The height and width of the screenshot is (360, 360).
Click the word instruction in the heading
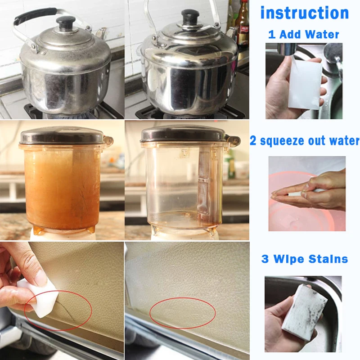[x=305, y=13]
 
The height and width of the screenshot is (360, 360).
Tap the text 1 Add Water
[x=304, y=34]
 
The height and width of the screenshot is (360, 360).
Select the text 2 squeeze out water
[x=305, y=141]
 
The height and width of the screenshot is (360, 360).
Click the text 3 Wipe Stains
[x=305, y=259]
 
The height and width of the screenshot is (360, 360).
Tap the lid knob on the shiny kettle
[x=189, y=17]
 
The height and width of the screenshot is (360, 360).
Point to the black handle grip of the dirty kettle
[x=34, y=17]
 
